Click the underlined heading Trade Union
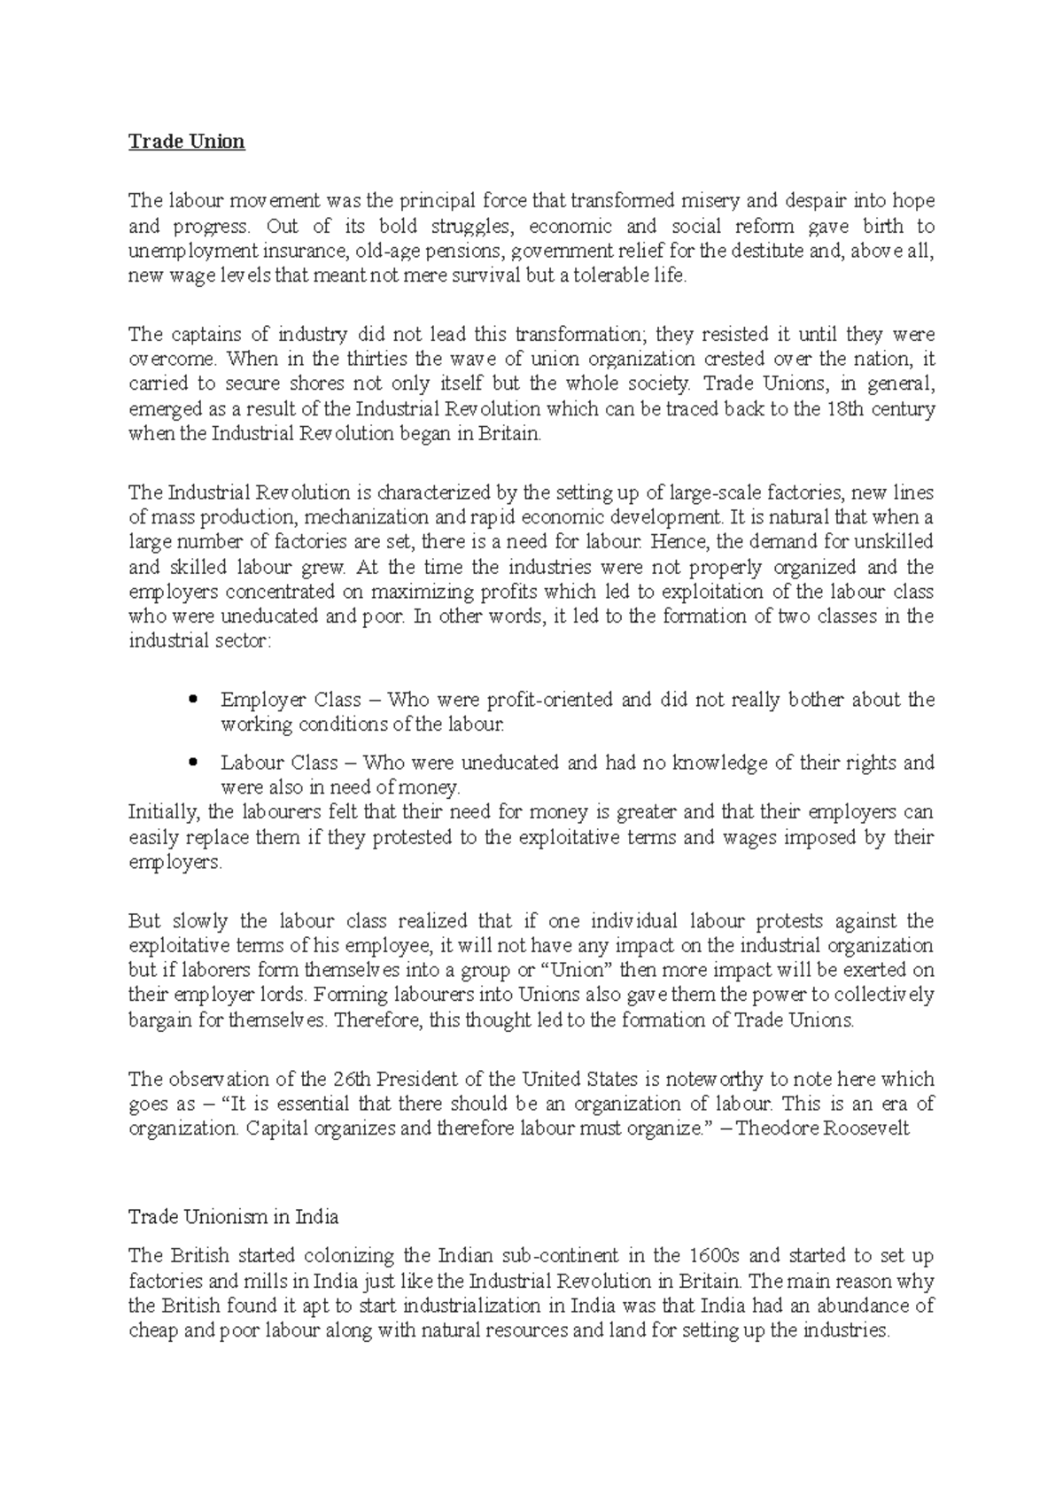click(186, 142)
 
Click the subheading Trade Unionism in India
click(233, 1217)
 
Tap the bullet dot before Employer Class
click(192, 700)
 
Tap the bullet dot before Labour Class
click(192, 763)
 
